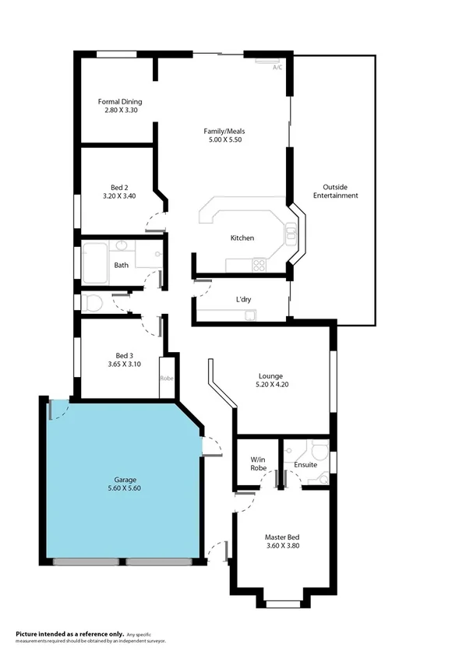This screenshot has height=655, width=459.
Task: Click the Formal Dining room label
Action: [120, 101]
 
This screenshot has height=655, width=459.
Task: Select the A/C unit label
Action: [277, 68]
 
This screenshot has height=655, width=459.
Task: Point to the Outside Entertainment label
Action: [335, 191]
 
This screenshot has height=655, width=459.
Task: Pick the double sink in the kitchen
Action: [291, 234]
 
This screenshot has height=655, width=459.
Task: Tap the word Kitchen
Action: [242, 238]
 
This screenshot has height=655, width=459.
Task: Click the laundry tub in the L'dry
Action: [249, 315]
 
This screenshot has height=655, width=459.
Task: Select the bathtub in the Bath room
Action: [97, 263]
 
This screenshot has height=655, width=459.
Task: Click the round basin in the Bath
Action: [122, 248]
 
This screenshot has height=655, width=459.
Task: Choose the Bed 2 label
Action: [118, 187]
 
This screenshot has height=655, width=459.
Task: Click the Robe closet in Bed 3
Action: [166, 377]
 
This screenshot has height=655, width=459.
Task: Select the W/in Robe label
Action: [259, 463]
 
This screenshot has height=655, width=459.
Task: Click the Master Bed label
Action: [282, 537]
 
